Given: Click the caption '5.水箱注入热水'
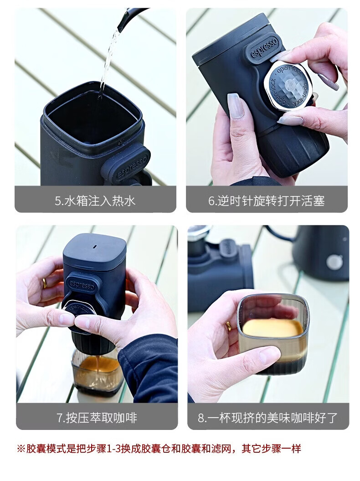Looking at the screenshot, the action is pyautogui.click(x=95, y=201).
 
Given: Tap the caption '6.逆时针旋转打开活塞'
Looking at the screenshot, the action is pyautogui.click(x=267, y=201).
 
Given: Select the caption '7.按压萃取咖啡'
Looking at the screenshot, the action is pyautogui.click(x=97, y=418).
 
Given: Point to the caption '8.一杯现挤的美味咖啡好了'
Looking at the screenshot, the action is pyautogui.click(x=267, y=418).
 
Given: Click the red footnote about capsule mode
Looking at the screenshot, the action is pyautogui.click(x=159, y=449).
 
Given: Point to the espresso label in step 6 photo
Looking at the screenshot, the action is pyautogui.click(x=265, y=47).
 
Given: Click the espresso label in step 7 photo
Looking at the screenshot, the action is pyautogui.click(x=81, y=284).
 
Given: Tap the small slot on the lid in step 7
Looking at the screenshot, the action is pyautogui.click(x=95, y=247).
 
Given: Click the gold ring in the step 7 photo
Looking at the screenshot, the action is pyautogui.click(x=45, y=283).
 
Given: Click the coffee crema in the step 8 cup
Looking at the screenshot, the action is pyautogui.click(x=271, y=328).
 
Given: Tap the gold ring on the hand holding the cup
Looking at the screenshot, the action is pyautogui.click(x=229, y=326).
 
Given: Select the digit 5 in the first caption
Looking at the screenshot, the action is pyautogui.click(x=58, y=201).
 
